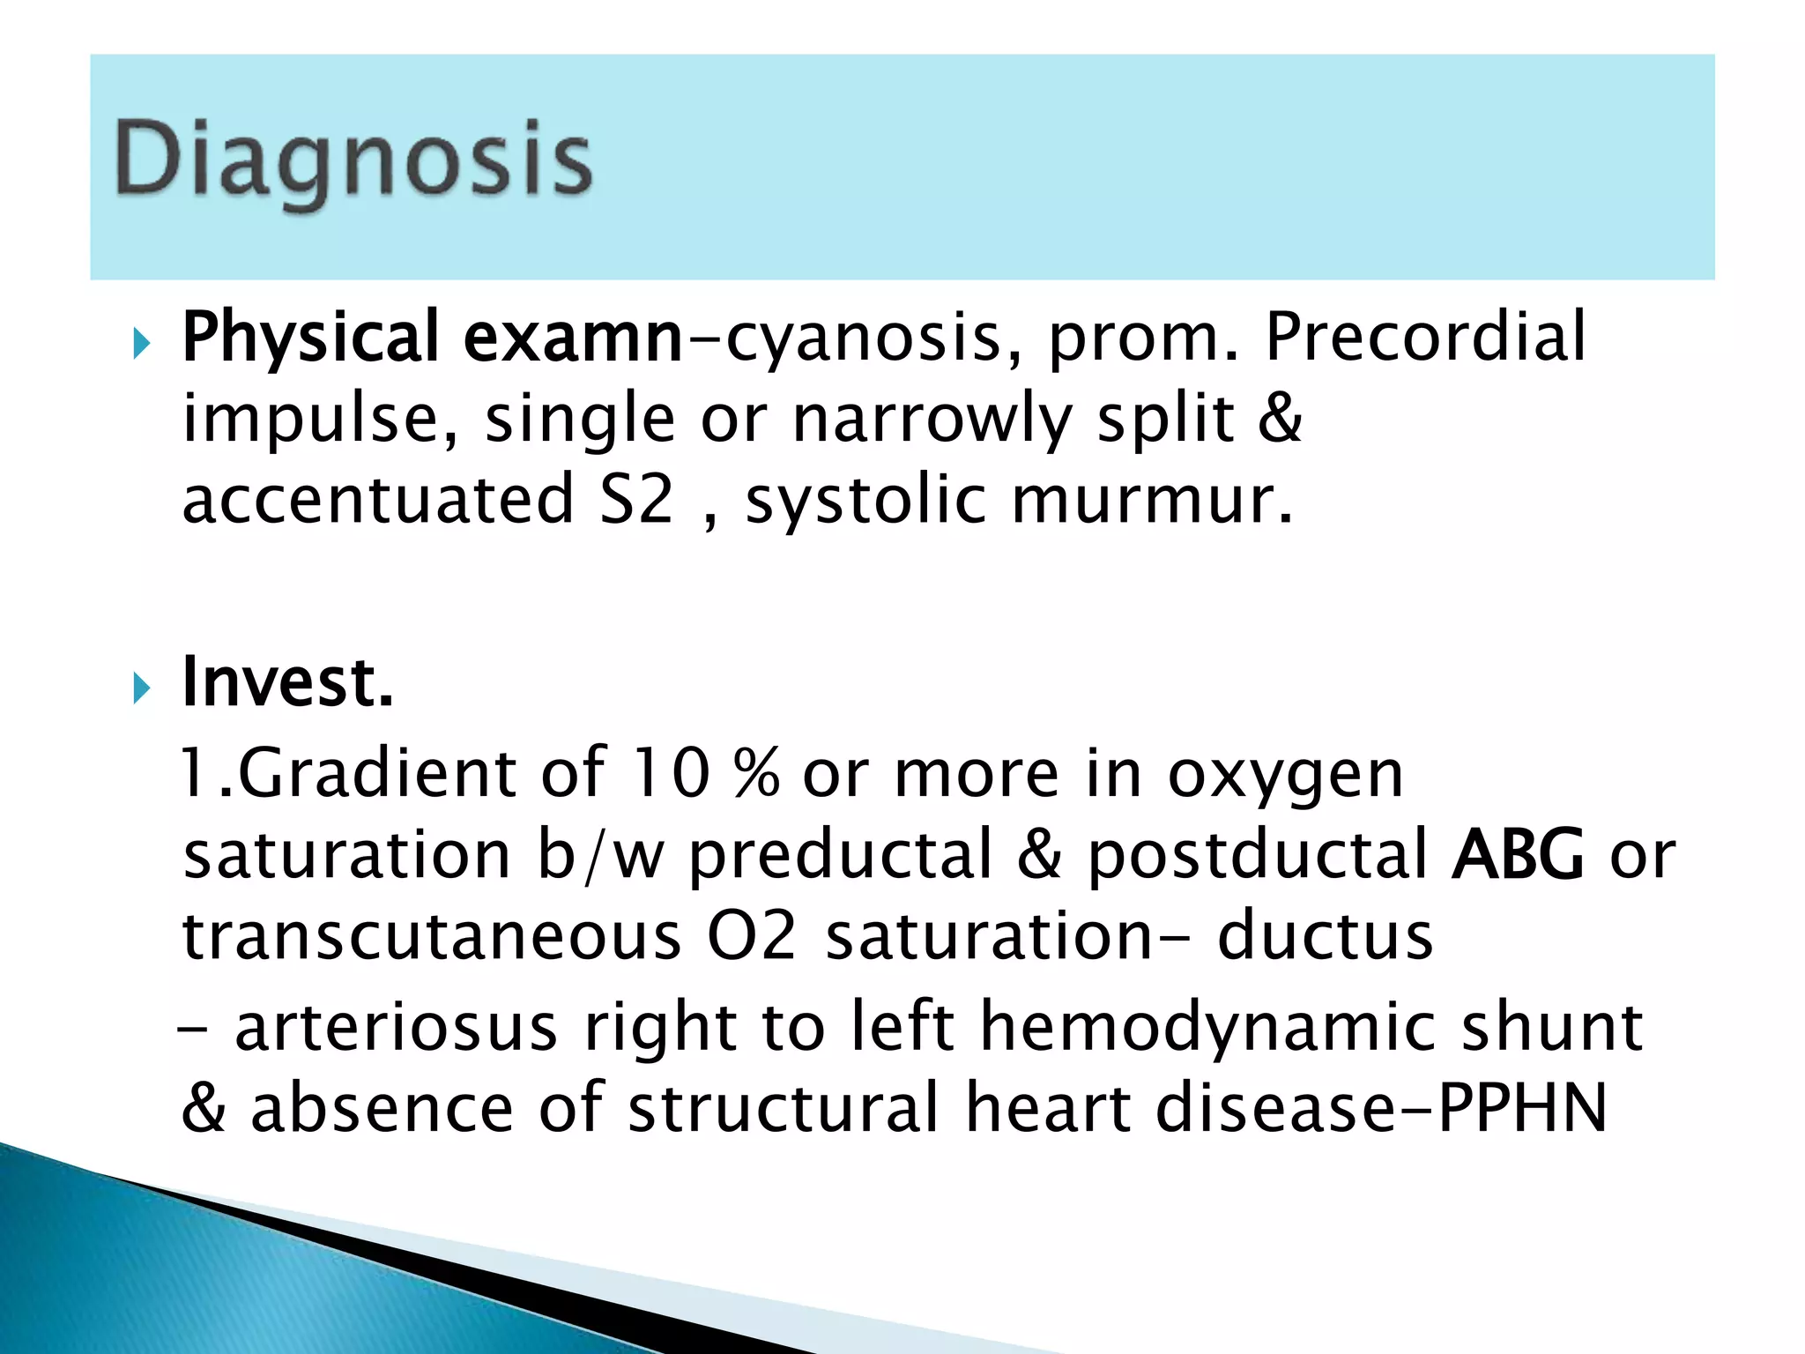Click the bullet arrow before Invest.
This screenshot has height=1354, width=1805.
pyautogui.click(x=141, y=688)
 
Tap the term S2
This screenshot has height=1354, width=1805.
pyautogui.click(x=636, y=500)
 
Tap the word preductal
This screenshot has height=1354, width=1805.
pyautogui.click(x=841, y=856)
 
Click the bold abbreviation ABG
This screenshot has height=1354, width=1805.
pyautogui.click(x=1517, y=854)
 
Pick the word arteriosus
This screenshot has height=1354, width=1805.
pyautogui.click(x=397, y=1027)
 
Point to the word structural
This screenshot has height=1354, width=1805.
pyautogui.click(x=784, y=1107)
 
